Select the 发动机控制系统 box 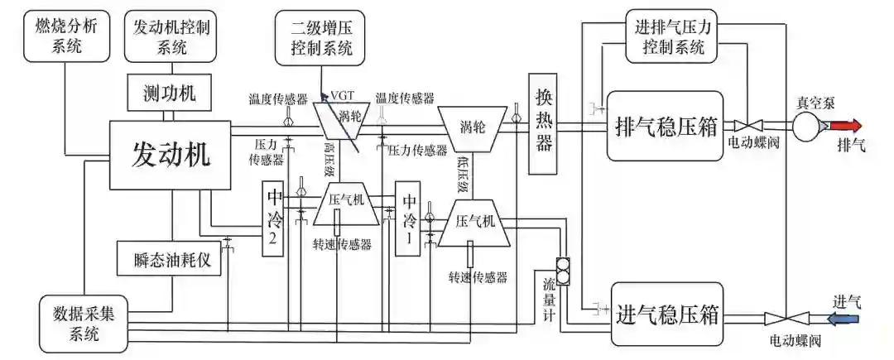coord(171,36)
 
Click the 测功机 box coord(171,93)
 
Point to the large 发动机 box coord(171,152)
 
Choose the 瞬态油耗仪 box coord(171,259)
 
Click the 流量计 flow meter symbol coord(563,269)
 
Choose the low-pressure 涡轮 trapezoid coord(471,127)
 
